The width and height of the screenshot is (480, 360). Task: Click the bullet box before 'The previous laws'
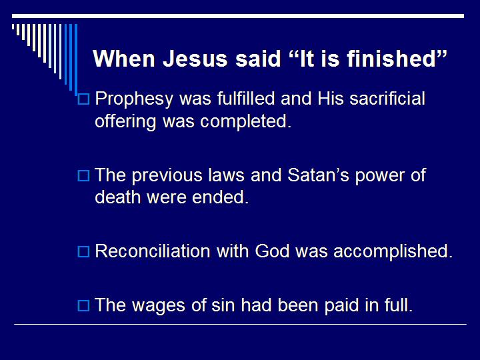point(83,176)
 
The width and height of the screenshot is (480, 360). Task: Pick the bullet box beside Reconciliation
point(83,252)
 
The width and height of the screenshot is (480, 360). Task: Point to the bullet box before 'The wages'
point(83,307)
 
